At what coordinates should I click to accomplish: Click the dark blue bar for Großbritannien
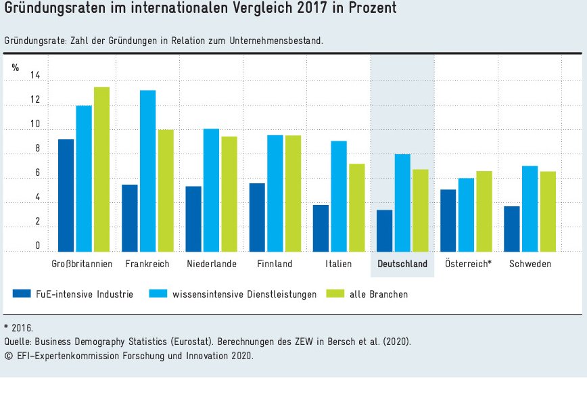[x=66, y=195]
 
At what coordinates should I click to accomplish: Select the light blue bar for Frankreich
[x=147, y=171]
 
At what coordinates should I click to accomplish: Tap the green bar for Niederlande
[x=229, y=194]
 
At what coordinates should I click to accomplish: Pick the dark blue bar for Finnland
[x=257, y=217]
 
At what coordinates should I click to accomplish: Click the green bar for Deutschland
[x=421, y=210]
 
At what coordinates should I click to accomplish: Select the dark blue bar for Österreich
[x=448, y=220]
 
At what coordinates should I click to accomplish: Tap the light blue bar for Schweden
[x=530, y=208]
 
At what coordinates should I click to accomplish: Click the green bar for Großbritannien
[x=101, y=169]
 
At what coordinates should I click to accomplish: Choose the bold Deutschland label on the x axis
[x=402, y=264]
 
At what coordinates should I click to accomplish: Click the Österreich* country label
[x=468, y=264]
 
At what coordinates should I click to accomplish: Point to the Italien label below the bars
[x=338, y=264]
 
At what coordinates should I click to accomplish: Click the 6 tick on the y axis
[x=37, y=173]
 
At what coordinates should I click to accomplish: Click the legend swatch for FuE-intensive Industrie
[x=22, y=294]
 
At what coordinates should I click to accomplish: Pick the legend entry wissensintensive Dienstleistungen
[x=244, y=294]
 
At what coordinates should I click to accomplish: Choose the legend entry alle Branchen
[x=379, y=294]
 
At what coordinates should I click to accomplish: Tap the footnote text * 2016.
[x=18, y=328]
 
